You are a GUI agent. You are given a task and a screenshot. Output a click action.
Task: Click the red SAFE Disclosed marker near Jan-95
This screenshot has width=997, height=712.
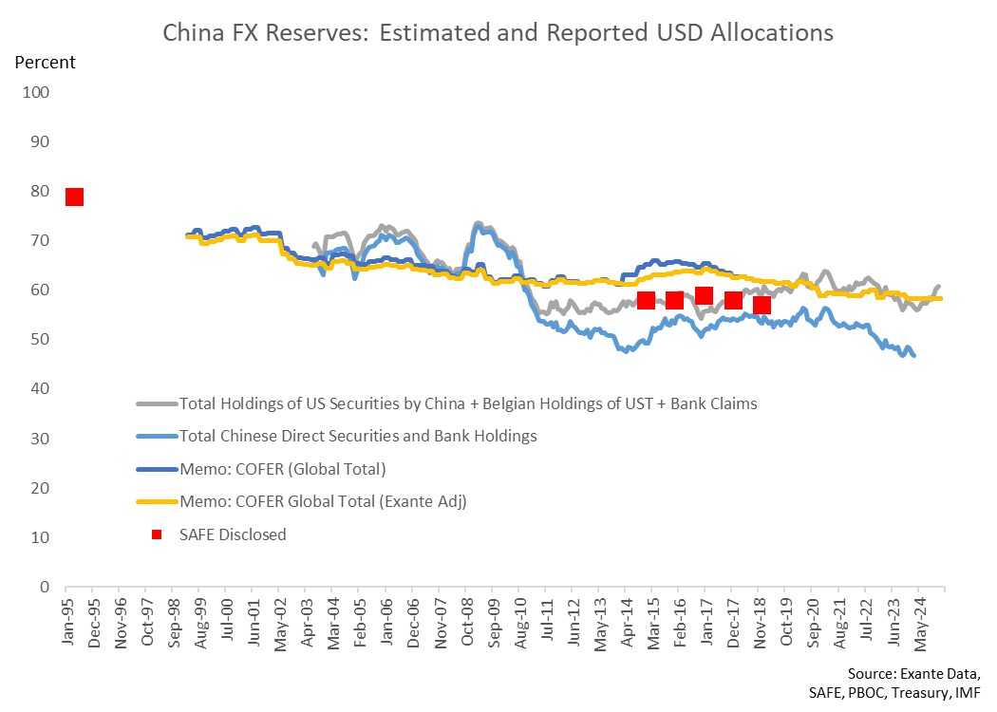(74, 197)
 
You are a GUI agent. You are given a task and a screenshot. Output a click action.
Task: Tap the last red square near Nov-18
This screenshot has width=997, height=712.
(762, 305)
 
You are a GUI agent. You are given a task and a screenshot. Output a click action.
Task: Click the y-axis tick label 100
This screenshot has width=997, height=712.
(36, 92)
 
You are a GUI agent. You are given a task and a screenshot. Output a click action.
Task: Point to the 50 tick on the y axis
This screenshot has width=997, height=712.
(40, 339)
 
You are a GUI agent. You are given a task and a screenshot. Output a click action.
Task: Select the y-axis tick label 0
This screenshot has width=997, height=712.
(45, 587)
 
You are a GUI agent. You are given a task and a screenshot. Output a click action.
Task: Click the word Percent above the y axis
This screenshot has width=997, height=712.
(46, 63)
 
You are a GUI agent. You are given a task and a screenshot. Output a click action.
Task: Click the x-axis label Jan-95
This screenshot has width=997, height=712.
(68, 621)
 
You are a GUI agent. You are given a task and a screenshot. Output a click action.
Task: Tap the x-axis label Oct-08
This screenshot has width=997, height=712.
(467, 621)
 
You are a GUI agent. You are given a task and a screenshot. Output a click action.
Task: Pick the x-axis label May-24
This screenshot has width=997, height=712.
(920, 624)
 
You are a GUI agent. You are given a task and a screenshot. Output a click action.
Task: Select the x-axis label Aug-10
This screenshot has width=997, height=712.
(520, 623)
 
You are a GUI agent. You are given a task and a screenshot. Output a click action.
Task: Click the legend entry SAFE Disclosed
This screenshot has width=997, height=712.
(233, 534)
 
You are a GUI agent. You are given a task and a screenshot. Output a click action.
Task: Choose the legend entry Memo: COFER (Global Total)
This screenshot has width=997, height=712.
(282, 469)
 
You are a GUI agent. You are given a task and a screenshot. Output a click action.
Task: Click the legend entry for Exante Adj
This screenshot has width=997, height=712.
(323, 501)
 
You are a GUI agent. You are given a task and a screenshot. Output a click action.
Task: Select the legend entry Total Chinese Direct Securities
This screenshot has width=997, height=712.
(358, 436)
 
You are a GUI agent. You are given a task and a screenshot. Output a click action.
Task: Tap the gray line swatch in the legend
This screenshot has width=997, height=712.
(157, 403)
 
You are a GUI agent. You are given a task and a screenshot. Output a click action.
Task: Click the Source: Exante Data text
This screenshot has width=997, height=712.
(913, 674)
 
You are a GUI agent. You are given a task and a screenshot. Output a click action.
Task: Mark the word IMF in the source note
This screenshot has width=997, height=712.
(968, 693)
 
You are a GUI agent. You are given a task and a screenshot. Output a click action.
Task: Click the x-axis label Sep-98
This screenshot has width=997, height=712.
(175, 622)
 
